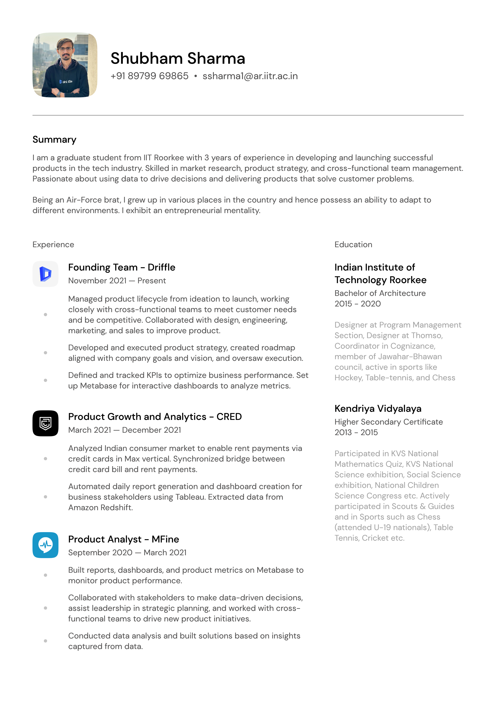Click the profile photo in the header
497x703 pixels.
[65, 65]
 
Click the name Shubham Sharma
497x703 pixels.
[178, 58]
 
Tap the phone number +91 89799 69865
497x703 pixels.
[149, 76]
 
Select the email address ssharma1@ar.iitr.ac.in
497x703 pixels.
[250, 76]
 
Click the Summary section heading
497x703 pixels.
[54, 140]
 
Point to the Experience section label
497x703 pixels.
[53, 245]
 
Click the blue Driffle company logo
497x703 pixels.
[45, 274]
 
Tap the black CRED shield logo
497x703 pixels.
[45, 424]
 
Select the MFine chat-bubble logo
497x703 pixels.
[45, 545]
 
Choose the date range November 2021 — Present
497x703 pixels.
[117, 281]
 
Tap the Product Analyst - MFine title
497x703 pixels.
[123, 539]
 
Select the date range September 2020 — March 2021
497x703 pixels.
[127, 553]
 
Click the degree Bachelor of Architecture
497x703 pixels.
[380, 293]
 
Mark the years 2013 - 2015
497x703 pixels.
[356, 433]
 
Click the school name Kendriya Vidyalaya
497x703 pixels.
[378, 409]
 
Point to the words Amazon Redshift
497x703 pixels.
[100, 508]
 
